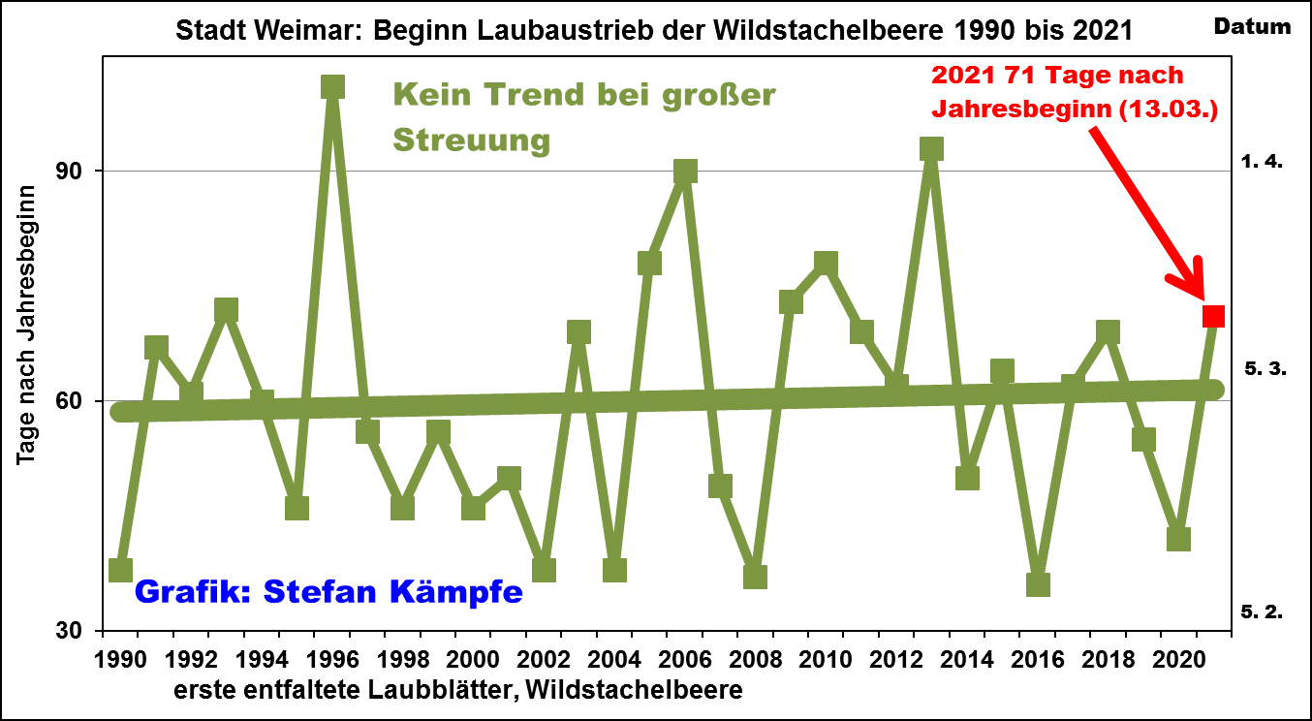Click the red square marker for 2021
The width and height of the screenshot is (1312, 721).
coord(1213,317)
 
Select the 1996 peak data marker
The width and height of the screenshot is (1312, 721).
coord(332,87)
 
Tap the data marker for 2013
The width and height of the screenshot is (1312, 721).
coord(931,148)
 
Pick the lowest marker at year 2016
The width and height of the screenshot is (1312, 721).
coord(1038,584)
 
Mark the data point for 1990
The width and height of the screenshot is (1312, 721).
coord(121,570)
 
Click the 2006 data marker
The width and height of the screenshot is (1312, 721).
coord(685,172)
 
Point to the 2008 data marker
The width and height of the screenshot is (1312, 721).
coord(755,577)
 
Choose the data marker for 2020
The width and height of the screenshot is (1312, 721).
coord(1178,539)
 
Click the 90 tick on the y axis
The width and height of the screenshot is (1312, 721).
coord(78,172)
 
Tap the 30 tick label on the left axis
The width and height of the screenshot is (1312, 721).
coord(78,631)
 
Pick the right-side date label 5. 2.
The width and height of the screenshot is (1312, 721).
coord(1262,611)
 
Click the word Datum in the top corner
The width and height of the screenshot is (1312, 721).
coord(1252,27)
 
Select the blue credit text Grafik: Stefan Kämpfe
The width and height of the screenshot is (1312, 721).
coord(328,590)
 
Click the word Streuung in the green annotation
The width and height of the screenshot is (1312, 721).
coord(471,141)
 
